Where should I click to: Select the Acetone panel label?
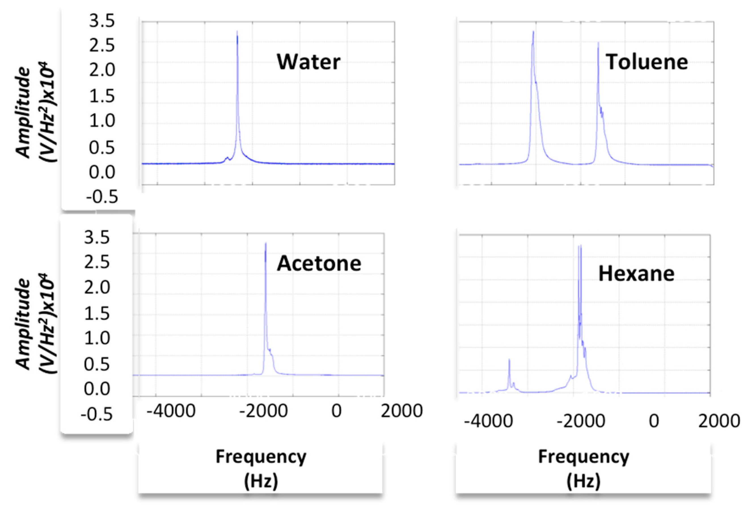coord(319,263)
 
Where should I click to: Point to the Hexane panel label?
coord(636,274)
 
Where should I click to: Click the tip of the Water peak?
coord(237,32)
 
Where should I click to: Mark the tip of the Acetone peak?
coord(266,243)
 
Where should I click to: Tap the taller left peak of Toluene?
coord(533,32)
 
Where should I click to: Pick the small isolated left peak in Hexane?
coord(509,360)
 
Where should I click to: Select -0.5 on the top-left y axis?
coord(102,197)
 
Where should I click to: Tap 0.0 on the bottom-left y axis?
coord(97,389)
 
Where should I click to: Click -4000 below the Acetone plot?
coord(171,411)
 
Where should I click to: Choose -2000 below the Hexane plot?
coord(581,421)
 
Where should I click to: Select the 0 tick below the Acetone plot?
coord(336,411)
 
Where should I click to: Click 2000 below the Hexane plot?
coord(719,421)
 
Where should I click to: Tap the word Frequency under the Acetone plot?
coord(261,457)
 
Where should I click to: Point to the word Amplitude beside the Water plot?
coord(23,113)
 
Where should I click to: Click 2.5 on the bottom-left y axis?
coord(97,263)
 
